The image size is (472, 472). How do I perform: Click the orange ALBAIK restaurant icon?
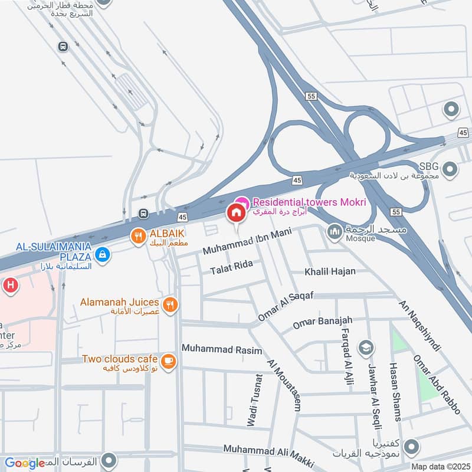(x=137, y=236)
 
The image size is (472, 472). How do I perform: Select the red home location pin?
(x=237, y=212)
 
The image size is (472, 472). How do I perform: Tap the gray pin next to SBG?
(x=451, y=169)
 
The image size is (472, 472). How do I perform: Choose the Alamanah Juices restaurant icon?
(x=170, y=304)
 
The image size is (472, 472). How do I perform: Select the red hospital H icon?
(x=9, y=286)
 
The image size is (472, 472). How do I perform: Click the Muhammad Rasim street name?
(x=222, y=349)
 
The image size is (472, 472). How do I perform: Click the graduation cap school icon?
(x=366, y=346)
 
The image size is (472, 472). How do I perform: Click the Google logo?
(x=25, y=463)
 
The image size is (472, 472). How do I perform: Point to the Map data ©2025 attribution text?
(x=440, y=466)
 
